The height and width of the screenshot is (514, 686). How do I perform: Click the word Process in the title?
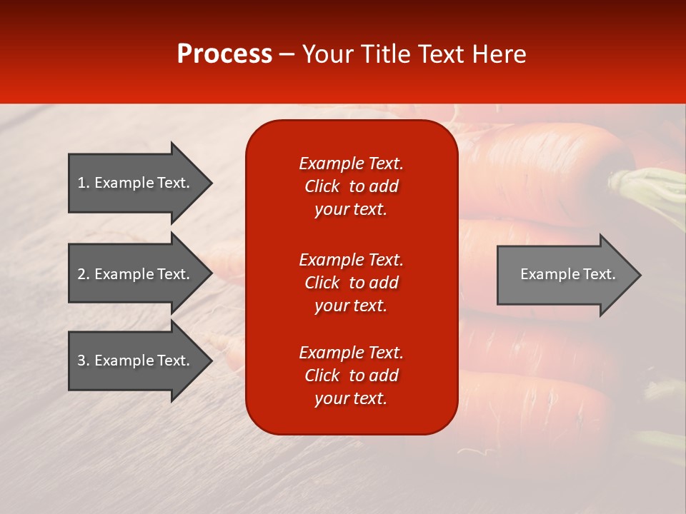pos(224,54)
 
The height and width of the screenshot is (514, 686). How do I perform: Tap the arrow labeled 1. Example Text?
pos(136,183)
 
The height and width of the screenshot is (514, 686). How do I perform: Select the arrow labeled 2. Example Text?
pos(136,274)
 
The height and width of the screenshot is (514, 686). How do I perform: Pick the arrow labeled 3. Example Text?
pos(136,361)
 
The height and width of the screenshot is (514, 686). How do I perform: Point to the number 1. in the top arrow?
pos(84,183)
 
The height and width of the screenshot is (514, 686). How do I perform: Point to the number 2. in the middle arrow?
pos(84,274)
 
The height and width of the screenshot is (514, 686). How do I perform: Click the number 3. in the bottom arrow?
pos(84,361)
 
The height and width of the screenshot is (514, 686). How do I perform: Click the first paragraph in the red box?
pos(351,186)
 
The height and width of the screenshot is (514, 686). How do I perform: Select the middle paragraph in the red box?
pos(351,283)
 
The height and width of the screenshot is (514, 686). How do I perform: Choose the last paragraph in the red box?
pos(351,376)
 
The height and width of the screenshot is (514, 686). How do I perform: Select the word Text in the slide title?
pos(442,54)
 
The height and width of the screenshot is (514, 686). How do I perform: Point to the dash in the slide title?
pos(287,55)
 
